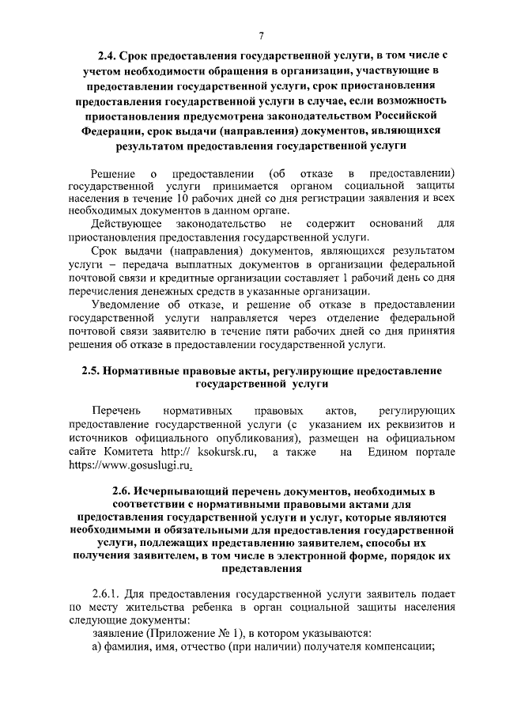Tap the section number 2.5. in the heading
tap(93, 370)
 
